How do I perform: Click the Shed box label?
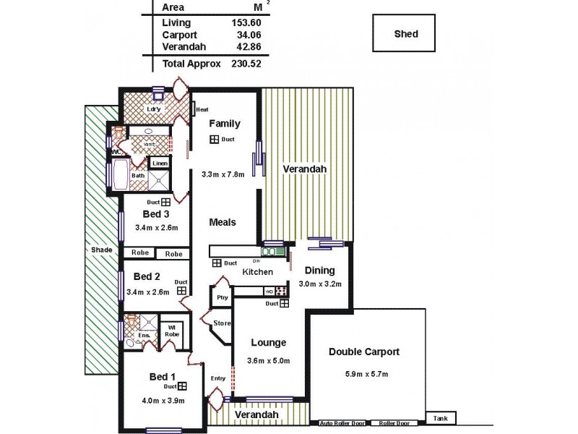click(x=405, y=34)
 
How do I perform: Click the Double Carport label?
click(x=364, y=352)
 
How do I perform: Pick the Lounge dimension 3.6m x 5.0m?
click(x=269, y=361)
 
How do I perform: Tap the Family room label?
click(x=224, y=124)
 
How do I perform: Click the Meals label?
click(x=223, y=222)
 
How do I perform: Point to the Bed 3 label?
click(x=156, y=214)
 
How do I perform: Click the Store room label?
click(x=222, y=323)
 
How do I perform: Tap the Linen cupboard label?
click(x=160, y=164)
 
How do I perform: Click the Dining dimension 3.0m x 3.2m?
click(x=321, y=284)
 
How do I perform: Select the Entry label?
click(x=217, y=378)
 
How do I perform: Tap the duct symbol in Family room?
click(x=215, y=139)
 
